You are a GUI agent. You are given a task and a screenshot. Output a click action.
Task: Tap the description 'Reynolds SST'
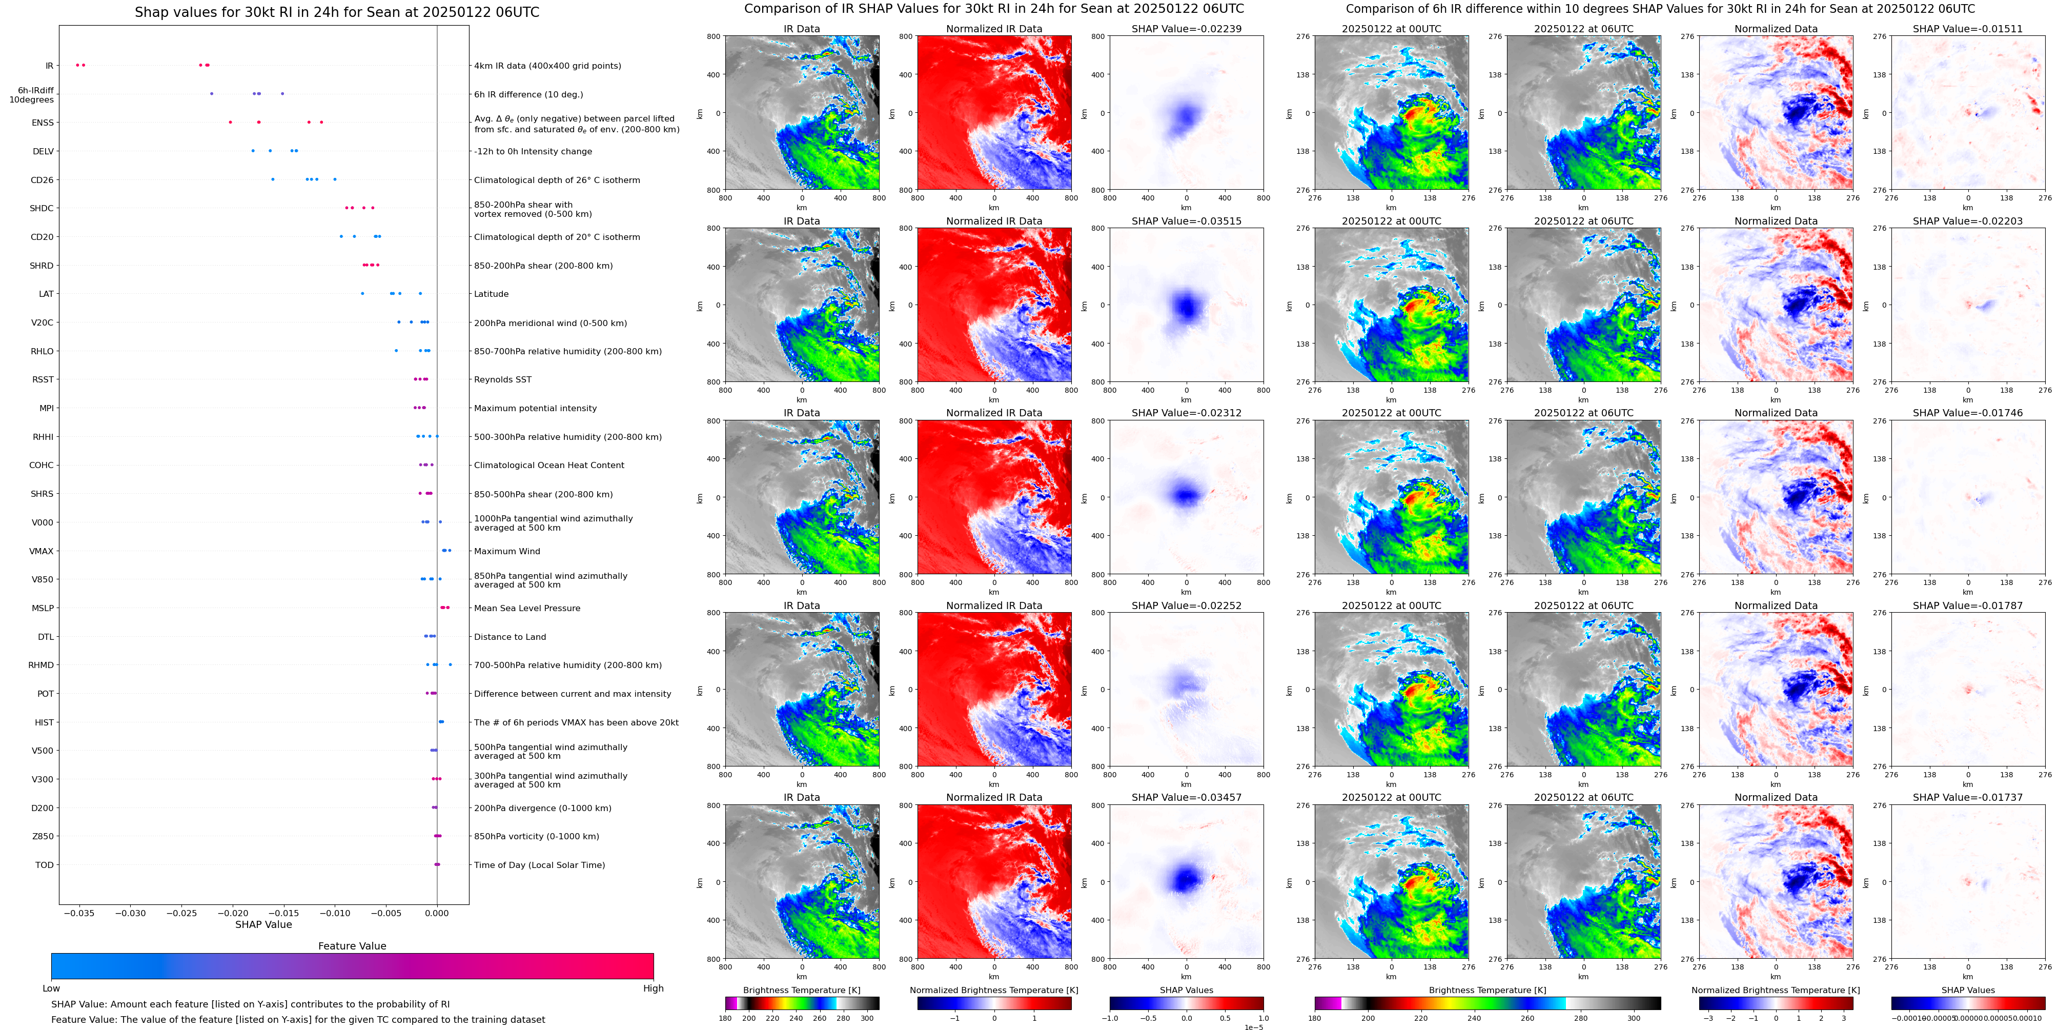pyautogui.click(x=502, y=379)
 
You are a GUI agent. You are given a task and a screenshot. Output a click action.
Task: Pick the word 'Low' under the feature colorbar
pyautogui.click(x=51, y=988)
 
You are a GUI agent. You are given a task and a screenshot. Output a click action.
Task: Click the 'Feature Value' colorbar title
pyautogui.click(x=352, y=946)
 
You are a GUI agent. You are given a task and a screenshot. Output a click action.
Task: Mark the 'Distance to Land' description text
pyautogui.click(x=510, y=637)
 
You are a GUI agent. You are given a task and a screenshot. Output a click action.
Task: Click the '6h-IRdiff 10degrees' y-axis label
pyautogui.click(x=32, y=95)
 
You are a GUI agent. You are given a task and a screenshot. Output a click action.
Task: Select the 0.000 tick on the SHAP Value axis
pyautogui.click(x=437, y=913)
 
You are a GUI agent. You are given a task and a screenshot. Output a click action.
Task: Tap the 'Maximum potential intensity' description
pyautogui.click(x=535, y=408)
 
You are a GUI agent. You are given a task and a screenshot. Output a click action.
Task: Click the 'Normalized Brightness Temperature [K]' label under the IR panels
pyautogui.click(x=994, y=990)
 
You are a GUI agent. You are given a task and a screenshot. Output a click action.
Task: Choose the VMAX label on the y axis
pyautogui.click(x=42, y=551)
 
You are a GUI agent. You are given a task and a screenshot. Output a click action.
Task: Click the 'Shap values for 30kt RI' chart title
pyautogui.click(x=336, y=12)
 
